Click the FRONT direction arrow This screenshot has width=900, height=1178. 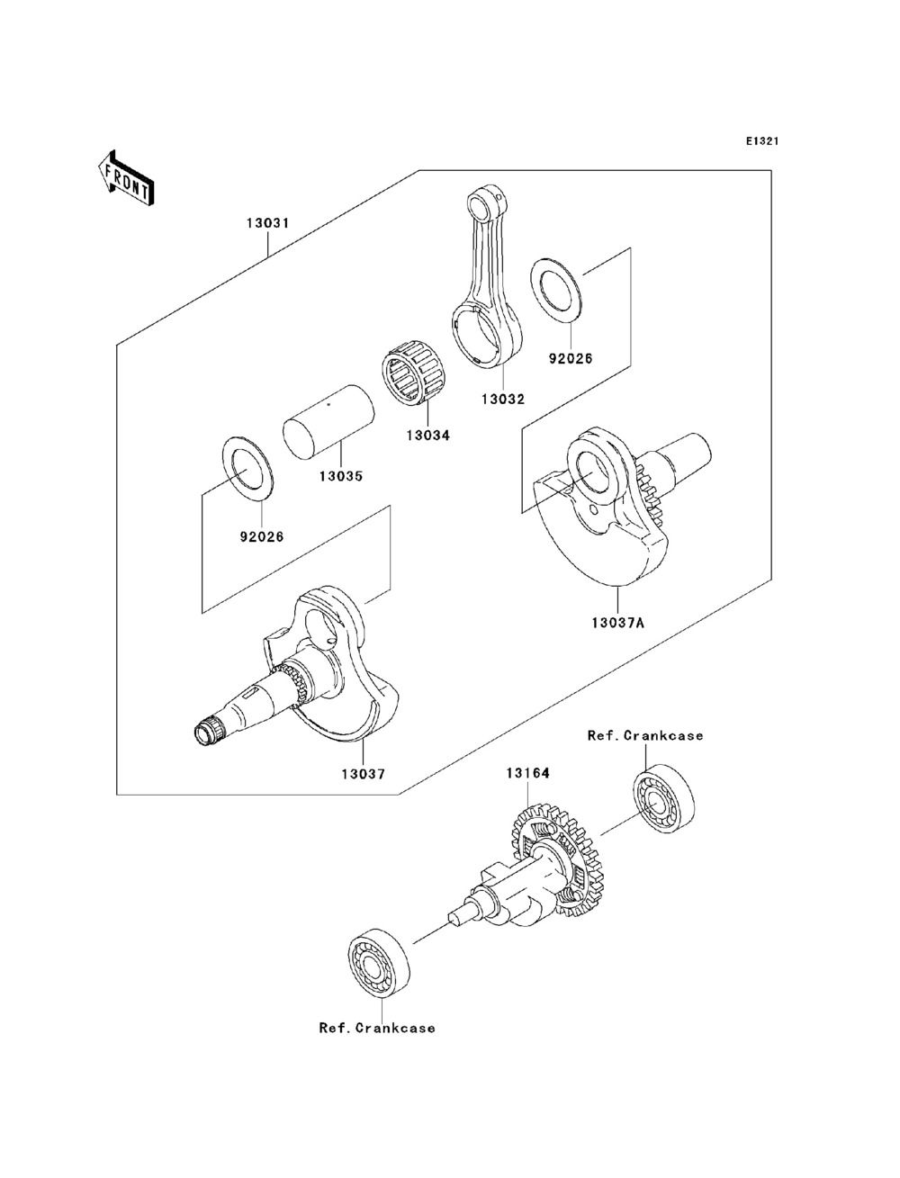point(126,178)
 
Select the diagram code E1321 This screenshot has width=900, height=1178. point(762,141)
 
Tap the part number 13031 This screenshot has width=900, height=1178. point(268,222)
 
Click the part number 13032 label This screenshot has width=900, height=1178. point(503,399)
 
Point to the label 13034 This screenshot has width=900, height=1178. point(427,436)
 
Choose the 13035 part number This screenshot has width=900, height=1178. point(341,475)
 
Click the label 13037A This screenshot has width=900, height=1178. point(617,623)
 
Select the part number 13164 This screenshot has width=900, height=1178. point(527,773)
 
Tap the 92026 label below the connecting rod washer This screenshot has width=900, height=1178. point(570,358)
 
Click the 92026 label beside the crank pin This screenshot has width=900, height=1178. point(261,536)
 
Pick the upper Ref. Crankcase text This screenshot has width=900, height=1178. point(645,735)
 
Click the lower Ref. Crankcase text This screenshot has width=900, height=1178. point(377,1028)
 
